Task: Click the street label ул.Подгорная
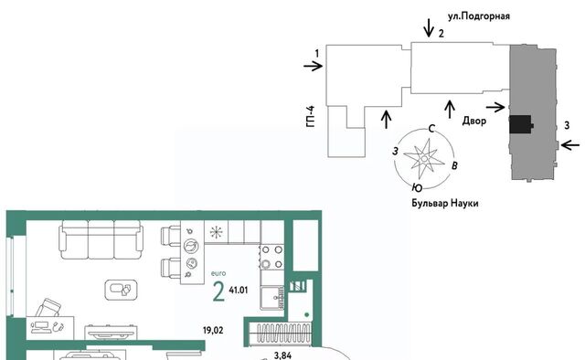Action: click(479, 16)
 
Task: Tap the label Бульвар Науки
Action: click(445, 204)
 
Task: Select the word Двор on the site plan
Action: click(474, 121)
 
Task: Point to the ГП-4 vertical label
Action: click(311, 116)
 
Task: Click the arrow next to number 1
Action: click(313, 67)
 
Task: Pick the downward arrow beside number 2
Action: click(429, 28)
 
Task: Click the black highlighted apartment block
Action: click(521, 124)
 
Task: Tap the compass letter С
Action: click(431, 129)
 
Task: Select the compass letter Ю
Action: click(418, 187)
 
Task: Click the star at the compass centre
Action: click(424, 159)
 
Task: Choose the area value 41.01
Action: click(239, 290)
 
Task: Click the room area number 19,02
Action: click(213, 330)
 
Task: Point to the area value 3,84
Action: click(282, 355)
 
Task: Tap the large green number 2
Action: click(218, 291)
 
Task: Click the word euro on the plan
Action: click(218, 273)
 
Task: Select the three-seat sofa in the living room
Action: click(101, 239)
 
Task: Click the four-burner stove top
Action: click(272, 257)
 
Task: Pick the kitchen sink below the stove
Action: click(272, 298)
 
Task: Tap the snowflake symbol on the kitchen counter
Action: click(216, 232)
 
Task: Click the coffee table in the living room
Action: click(121, 290)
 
